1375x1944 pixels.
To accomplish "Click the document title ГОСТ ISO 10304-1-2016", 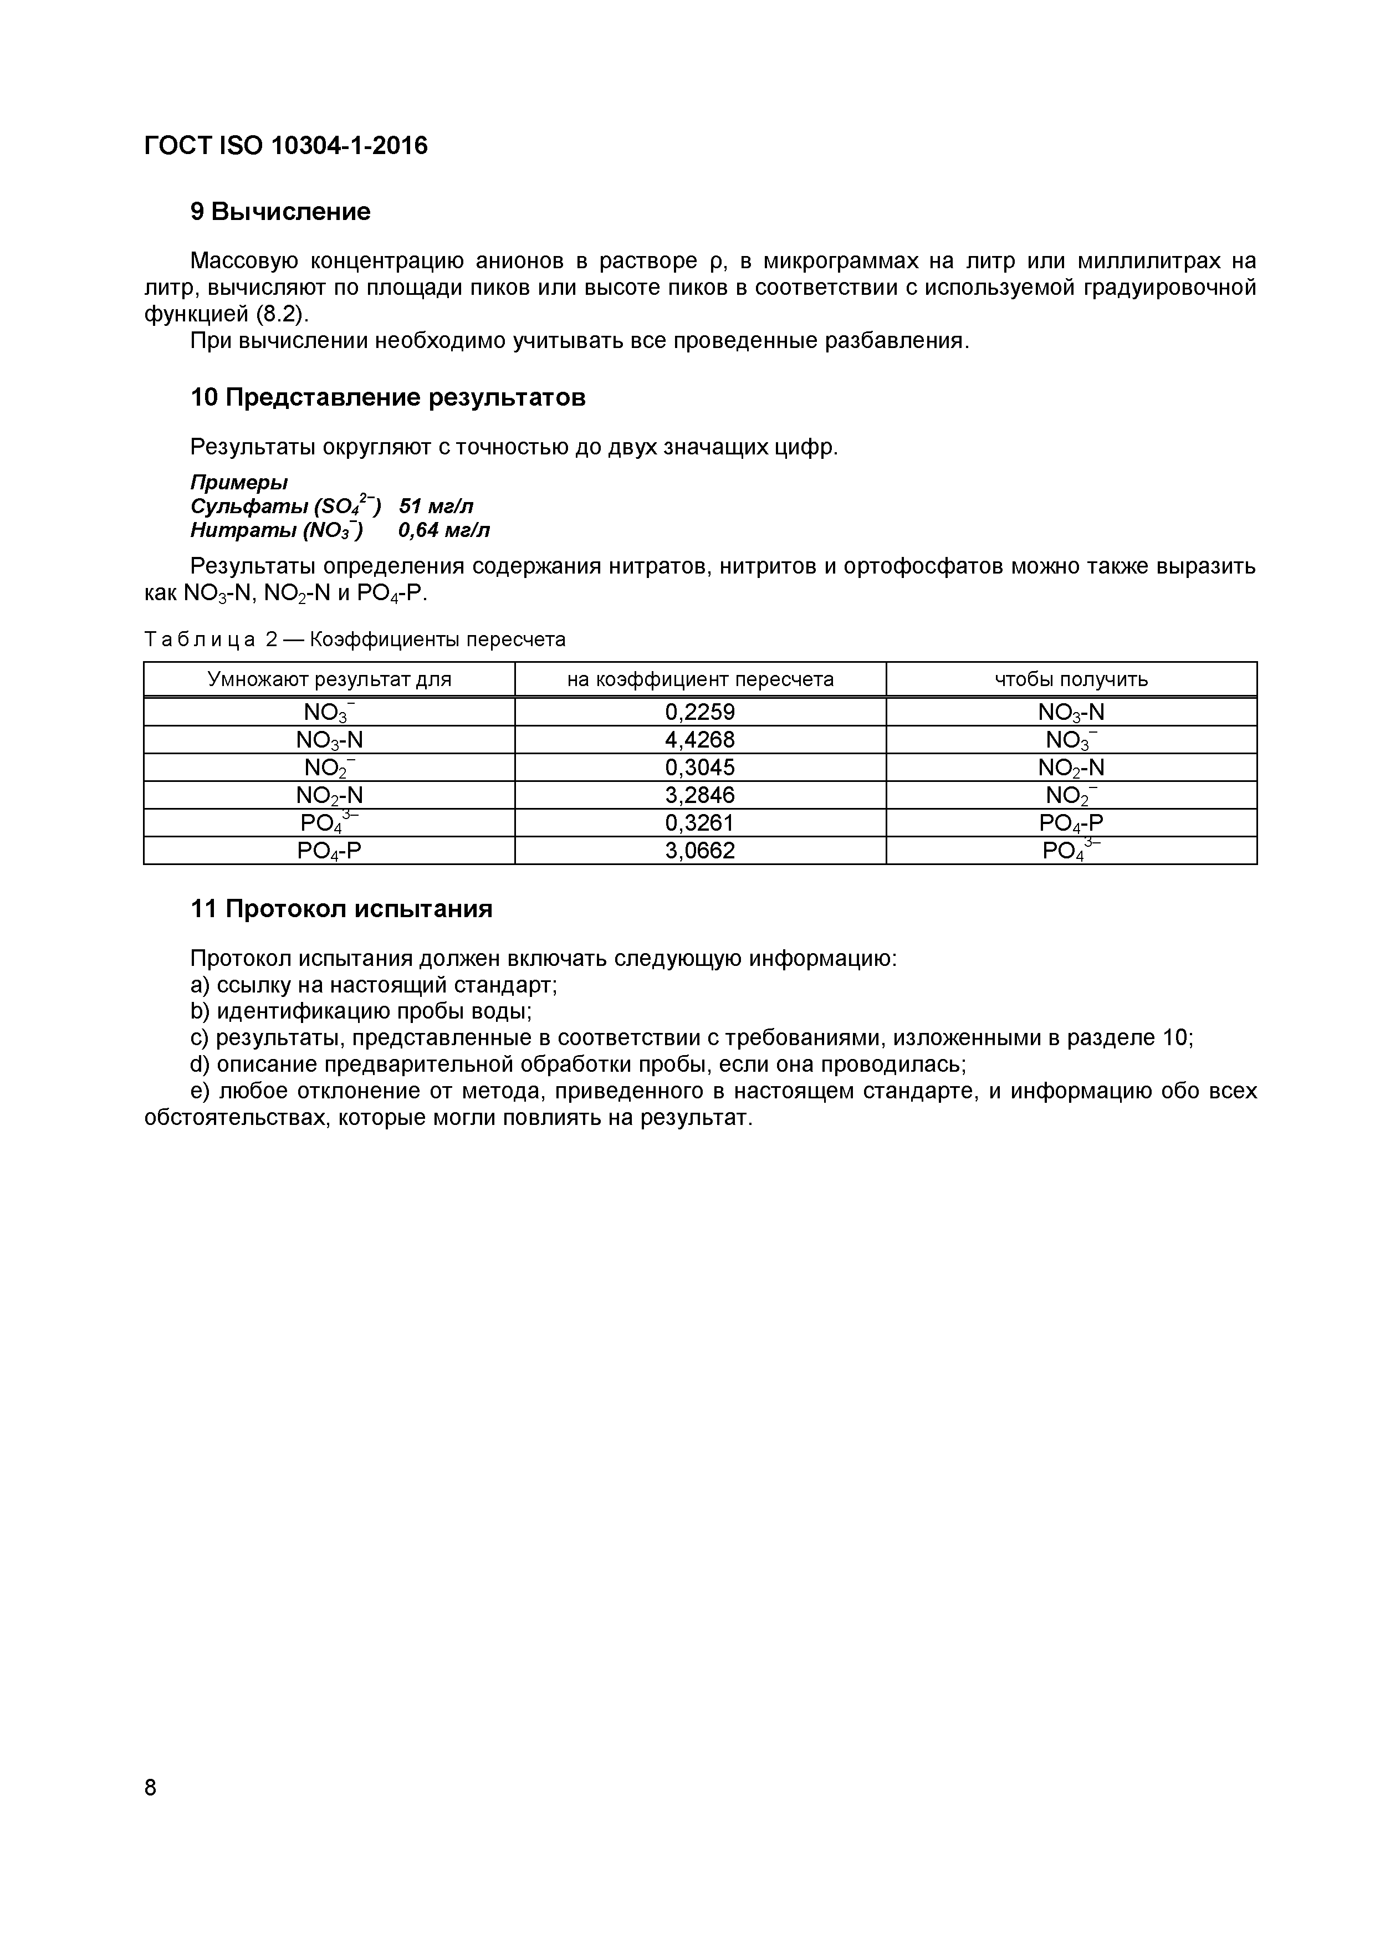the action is click(286, 146).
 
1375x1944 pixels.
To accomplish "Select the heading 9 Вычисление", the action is click(280, 212).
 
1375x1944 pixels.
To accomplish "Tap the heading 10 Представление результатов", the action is click(388, 397).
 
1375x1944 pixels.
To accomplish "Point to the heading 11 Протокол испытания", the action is click(341, 909).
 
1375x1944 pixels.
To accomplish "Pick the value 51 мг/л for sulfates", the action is click(436, 507).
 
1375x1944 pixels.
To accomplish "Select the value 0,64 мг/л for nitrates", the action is click(444, 531).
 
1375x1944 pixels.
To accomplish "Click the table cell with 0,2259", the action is click(699, 712).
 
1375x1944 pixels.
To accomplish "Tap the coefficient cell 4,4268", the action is click(699, 740).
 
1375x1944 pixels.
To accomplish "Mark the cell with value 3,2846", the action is click(699, 795).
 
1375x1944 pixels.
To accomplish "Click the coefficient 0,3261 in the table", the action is click(699, 823).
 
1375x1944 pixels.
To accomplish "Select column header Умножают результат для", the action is click(329, 679).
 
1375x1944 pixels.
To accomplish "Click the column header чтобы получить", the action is click(1071, 679).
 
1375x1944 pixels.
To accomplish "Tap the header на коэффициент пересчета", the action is click(699, 679).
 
